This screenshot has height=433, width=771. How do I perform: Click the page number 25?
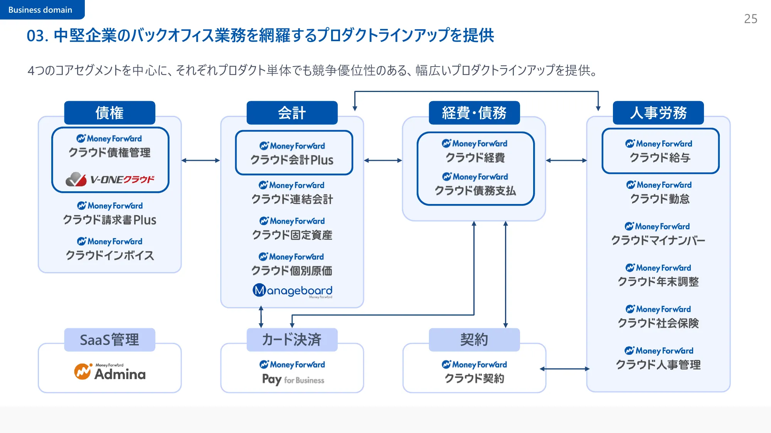coord(750,19)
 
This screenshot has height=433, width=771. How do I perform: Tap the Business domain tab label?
coord(40,10)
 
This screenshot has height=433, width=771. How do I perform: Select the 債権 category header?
coord(109,113)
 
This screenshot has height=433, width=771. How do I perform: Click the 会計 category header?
coord(292,113)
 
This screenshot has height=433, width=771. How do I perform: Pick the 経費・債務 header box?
coord(474,113)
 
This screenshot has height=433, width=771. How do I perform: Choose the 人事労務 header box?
coord(658,113)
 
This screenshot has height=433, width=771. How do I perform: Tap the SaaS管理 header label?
coord(109,340)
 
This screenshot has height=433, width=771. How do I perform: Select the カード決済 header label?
coord(292,340)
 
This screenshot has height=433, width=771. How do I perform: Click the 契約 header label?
coord(474,340)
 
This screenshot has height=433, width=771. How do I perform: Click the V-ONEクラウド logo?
coord(110,179)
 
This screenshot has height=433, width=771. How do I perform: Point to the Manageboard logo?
coord(292,291)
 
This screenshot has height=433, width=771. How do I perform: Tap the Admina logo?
coord(110,372)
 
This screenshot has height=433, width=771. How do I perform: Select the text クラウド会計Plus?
coord(292,160)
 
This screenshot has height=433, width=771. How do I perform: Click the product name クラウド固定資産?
coord(292,235)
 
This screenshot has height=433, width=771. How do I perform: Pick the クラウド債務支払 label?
coord(475,191)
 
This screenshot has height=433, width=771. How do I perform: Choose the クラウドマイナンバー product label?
coord(658,241)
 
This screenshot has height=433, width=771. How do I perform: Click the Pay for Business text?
coord(293,380)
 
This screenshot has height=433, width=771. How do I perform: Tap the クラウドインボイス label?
coord(110,256)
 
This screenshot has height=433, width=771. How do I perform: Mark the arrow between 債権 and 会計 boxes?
coord(200,160)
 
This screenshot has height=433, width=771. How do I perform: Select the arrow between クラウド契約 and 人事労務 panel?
coord(565,369)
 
